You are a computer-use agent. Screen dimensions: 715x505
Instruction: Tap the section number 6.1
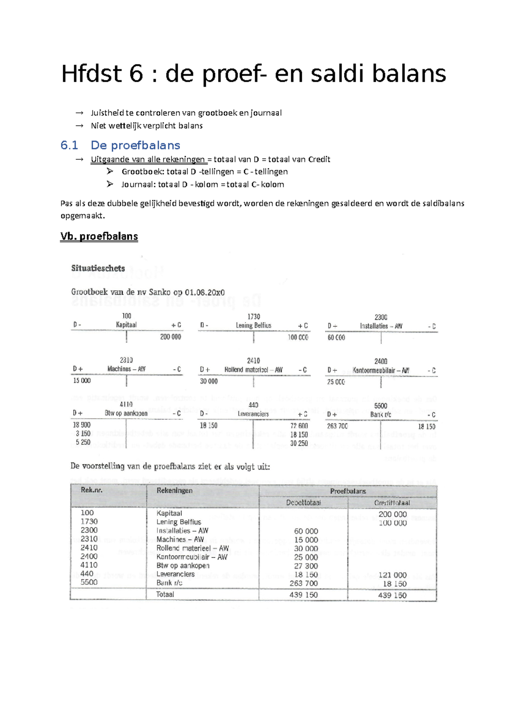coord(69,145)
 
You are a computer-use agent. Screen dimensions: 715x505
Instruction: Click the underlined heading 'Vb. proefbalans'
coord(99,236)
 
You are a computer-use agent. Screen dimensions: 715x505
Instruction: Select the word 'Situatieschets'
coord(98,268)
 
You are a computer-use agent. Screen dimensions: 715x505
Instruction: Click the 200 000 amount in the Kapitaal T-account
coord(170,337)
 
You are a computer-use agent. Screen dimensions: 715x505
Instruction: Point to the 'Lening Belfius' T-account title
coord(253,325)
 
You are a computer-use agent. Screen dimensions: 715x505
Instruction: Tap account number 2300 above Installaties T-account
coord(381,317)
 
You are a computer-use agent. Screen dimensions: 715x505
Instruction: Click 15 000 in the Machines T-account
coord(82,381)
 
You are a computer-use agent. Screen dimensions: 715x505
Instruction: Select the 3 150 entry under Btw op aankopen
coord(83,434)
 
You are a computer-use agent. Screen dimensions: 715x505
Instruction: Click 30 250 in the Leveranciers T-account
coord(299,443)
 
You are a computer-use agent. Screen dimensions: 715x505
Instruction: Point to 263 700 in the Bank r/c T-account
coord(337,426)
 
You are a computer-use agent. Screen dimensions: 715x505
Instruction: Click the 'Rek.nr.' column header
coord(92,490)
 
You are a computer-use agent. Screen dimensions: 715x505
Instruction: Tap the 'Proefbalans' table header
coord(348,491)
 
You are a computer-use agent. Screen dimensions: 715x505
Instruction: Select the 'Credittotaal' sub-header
coord(392,503)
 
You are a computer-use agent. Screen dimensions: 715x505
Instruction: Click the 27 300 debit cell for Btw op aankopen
coord(306,566)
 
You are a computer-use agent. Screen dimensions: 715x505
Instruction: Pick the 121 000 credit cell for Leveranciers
coord(392,575)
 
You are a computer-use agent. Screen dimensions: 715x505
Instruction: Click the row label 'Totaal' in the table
coord(165,595)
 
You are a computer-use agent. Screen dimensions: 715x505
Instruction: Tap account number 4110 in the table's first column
coord(89,565)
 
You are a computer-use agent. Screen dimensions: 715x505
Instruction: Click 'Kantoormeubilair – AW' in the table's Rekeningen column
coord(191,557)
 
